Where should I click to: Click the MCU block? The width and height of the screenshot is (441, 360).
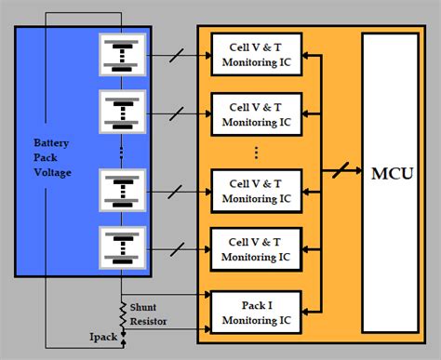390,174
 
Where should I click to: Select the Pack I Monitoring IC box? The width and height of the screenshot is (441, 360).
248,311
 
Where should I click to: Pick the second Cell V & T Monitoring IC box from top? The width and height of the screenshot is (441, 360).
248,114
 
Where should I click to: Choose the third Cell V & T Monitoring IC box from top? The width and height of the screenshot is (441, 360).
248,192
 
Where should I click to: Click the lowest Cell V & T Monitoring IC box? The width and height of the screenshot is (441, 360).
248,247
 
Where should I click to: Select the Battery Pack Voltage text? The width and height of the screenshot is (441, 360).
53,158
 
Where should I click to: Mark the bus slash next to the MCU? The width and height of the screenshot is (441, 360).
341,173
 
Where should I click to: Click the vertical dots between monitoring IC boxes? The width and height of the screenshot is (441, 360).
255,152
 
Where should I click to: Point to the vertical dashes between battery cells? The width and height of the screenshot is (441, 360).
122,151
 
